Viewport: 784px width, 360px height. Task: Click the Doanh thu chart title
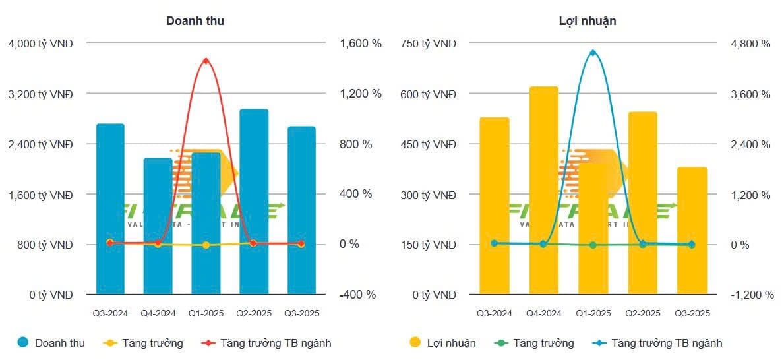point(195,21)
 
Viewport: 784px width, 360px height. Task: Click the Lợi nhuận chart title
point(587,21)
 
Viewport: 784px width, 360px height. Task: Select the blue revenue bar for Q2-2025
point(254,201)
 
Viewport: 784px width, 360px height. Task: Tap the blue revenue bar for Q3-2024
point(110,208)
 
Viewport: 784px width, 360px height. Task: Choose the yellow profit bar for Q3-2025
point(692,230)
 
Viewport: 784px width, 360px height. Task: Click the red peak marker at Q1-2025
point(206,61)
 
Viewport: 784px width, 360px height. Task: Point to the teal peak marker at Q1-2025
point(593,53)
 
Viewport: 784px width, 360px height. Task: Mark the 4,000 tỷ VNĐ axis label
point(40,44)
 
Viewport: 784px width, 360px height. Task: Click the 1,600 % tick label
point(360,44)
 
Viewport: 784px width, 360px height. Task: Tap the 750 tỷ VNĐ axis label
point(429,44)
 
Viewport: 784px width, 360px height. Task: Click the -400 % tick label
point(357,295)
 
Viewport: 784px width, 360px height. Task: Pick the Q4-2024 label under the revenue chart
point(158,313)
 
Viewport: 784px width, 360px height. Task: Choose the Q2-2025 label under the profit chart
point(642,313)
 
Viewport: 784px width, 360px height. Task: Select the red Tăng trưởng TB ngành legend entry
point(267,343)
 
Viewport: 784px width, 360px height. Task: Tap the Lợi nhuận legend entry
point(442,343)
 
